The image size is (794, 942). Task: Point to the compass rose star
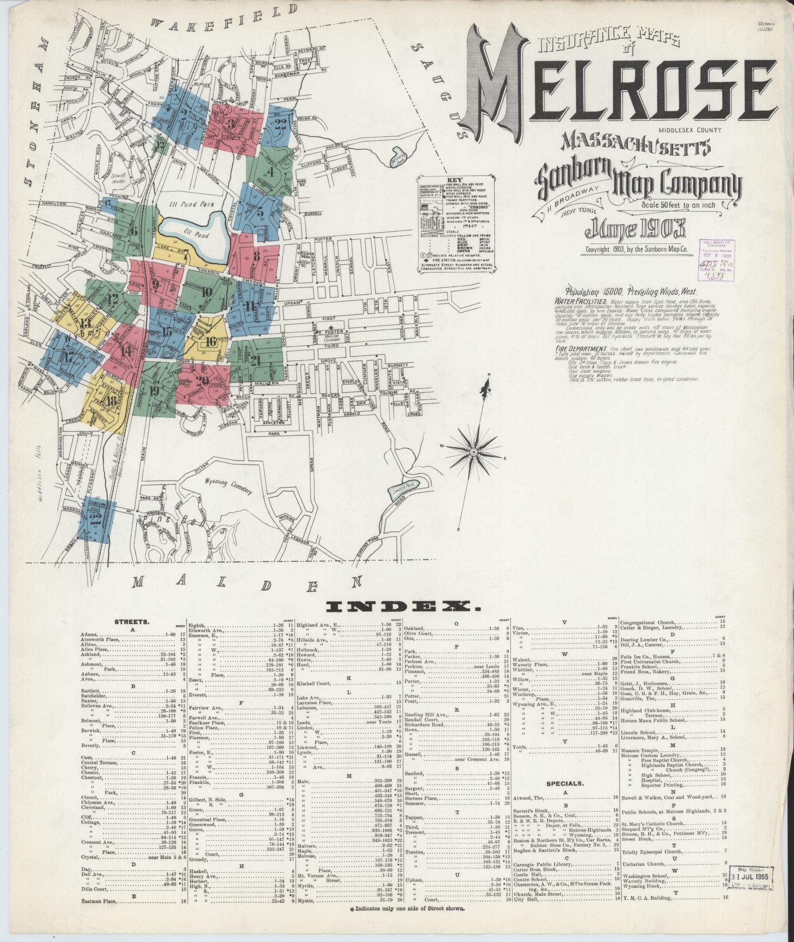[x=473, y=451]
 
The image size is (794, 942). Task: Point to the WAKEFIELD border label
[x=224, y=19]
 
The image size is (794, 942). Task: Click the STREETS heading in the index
[x=128, y=621]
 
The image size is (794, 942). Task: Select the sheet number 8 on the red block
[x=256, y=256]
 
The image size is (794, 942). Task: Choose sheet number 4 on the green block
[x=270, y=172]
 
